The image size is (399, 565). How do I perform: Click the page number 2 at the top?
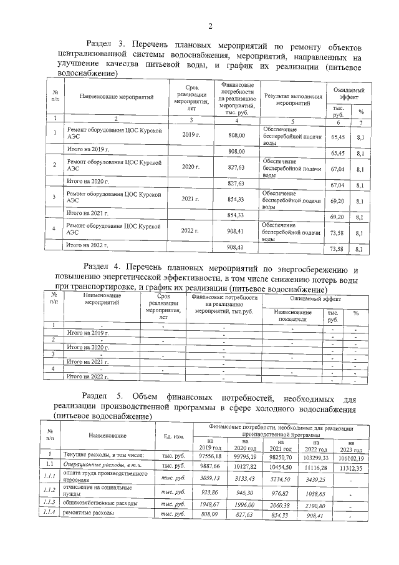tap(209, 26)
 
